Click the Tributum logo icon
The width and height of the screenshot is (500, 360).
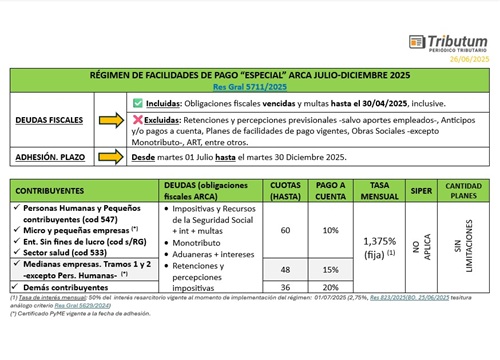coord(417,43)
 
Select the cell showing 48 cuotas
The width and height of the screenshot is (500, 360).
coord(286,269)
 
